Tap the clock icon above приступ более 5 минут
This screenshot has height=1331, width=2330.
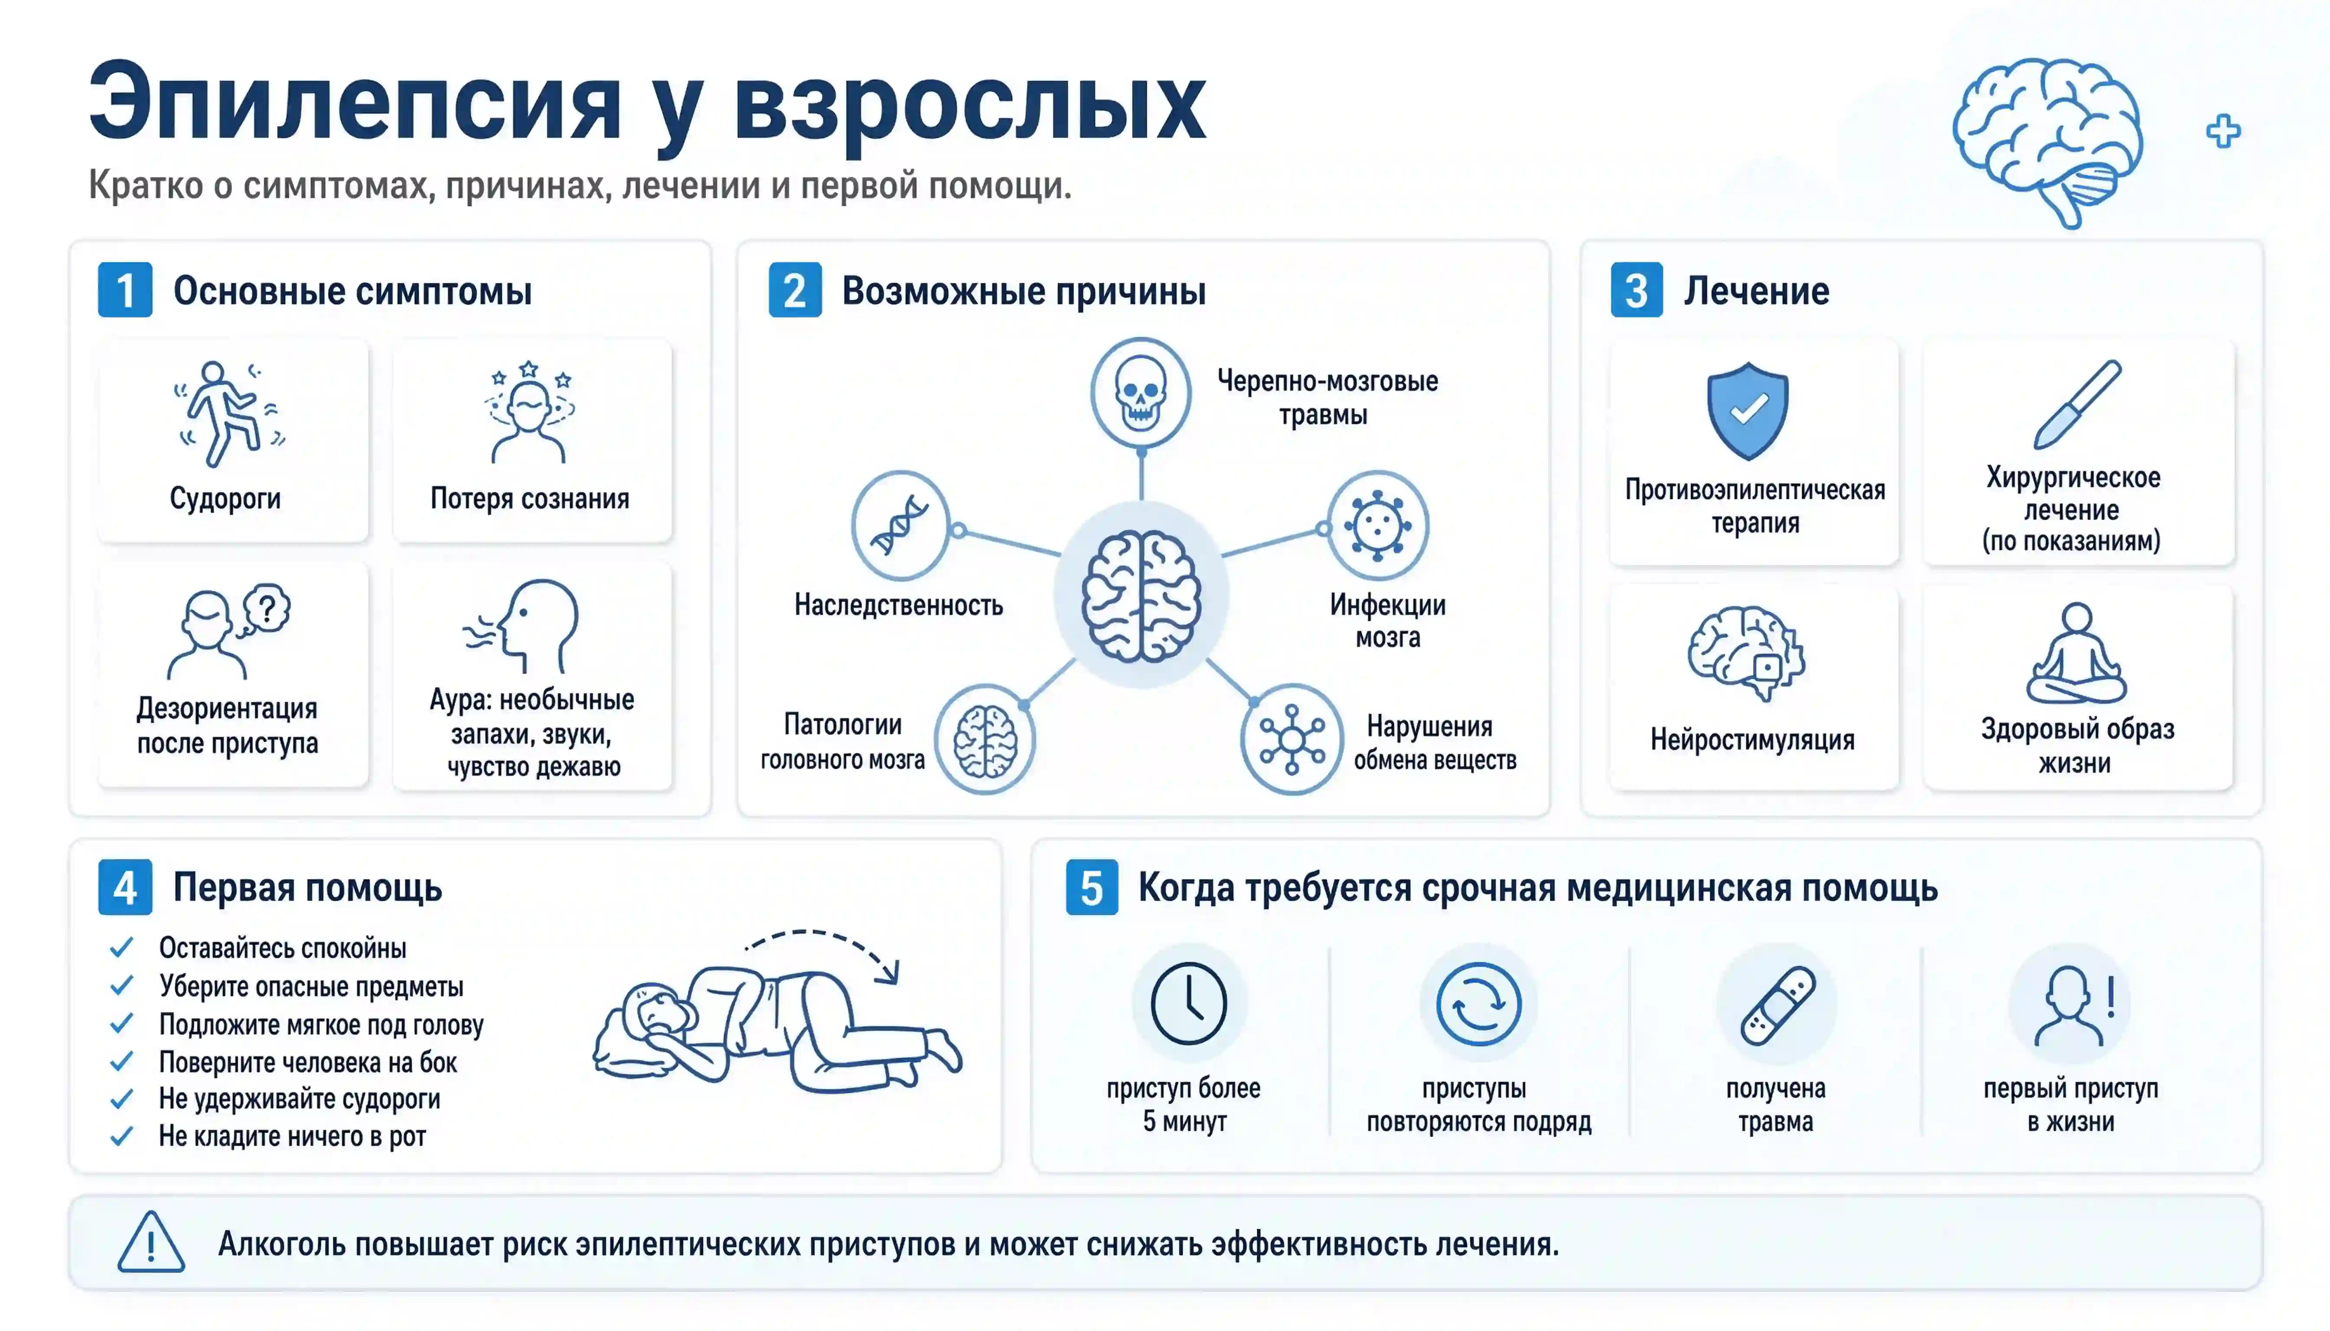click(x=1188, y=1003)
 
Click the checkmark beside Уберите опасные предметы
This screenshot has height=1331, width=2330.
click(x=122, y=985)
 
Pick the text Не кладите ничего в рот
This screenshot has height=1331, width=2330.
click(x=293, y=1136)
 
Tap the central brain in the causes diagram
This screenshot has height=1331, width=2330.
click(x=1140, y=596)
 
